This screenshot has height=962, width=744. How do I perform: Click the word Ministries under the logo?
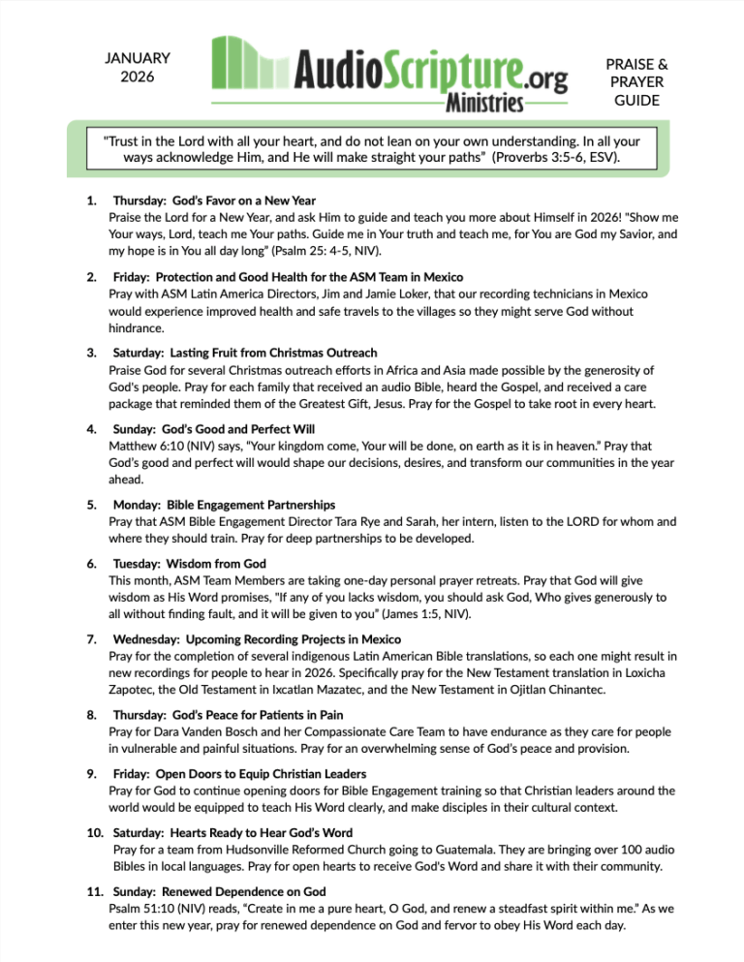485,102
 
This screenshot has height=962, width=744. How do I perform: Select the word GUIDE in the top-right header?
635,100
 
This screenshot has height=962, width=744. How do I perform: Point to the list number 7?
90,639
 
